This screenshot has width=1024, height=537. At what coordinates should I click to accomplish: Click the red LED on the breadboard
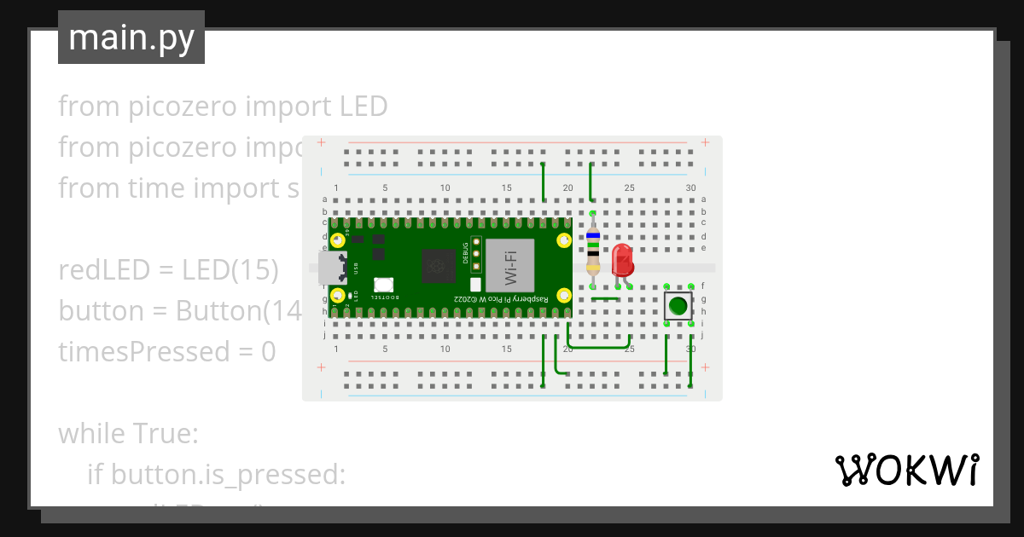(622, 258)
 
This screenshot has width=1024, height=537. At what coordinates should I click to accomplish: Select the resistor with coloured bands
(593, 251)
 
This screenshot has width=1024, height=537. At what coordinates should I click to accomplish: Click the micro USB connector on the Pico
(333, 268)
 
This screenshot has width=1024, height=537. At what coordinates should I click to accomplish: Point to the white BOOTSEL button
(383, 285)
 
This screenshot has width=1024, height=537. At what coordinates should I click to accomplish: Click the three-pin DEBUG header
(476, 253)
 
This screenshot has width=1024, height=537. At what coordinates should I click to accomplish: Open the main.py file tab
(131, 38)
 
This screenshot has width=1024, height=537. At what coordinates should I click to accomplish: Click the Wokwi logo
(905, 470)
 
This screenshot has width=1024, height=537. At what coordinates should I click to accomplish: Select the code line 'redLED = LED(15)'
(168, 270)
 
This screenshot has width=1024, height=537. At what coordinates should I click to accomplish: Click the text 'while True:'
(128, 434)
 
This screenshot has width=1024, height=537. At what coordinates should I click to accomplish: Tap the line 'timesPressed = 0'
(167, 352)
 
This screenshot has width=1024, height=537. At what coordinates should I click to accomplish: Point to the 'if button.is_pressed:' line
(216, 475)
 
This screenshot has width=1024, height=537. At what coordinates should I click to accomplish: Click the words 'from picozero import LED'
(223, 107)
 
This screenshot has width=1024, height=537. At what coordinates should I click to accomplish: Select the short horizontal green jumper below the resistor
(605, 299)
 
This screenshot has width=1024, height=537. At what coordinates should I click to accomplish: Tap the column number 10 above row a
(445, 188)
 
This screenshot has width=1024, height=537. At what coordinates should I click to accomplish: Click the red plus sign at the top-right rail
(705, 142)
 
